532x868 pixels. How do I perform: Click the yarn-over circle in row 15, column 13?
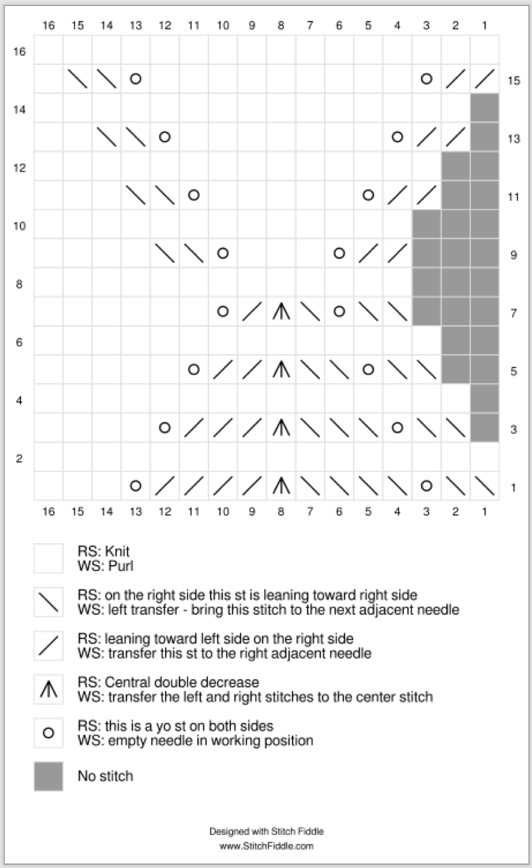(135, 79)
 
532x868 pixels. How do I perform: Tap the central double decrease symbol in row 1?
(281, 485)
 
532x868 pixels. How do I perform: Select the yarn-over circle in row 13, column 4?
(397, 137)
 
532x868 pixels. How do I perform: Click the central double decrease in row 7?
(281, 311)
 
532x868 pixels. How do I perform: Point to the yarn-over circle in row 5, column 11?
(193, 369)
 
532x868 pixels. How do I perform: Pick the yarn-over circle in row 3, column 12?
(164, 427)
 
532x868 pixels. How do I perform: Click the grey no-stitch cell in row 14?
(484, 108)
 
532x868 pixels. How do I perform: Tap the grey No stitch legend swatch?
(48, 776)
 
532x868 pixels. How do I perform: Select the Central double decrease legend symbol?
(48, 689)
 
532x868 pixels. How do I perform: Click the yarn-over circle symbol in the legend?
(48, 733)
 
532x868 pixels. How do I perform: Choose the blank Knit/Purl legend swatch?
(48, 558)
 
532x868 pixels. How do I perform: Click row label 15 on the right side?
(513, 80)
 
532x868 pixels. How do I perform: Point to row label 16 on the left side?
(19, 51)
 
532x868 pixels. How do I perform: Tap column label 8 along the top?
(281, 25)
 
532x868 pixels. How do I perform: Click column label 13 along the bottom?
(135, 512)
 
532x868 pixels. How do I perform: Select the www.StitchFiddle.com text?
(266, 846)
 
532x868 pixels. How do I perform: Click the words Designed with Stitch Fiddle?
(266, 831)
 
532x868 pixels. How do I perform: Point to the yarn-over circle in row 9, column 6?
(339, 253)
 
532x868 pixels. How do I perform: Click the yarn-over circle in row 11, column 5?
(368, 195)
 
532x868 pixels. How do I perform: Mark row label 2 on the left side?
(19, 458)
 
